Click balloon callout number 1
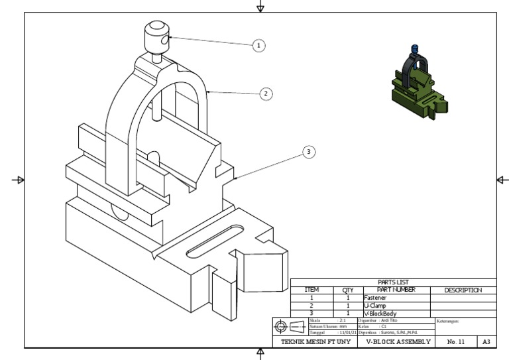(259, 45)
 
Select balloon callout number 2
(265, 93)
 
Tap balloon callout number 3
(308, 152)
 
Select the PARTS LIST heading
(393, 282)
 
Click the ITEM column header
(312, 290)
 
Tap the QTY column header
(348, 290)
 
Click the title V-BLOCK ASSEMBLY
(398, 341)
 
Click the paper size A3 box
(486, 341)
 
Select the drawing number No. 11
(457, 341)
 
